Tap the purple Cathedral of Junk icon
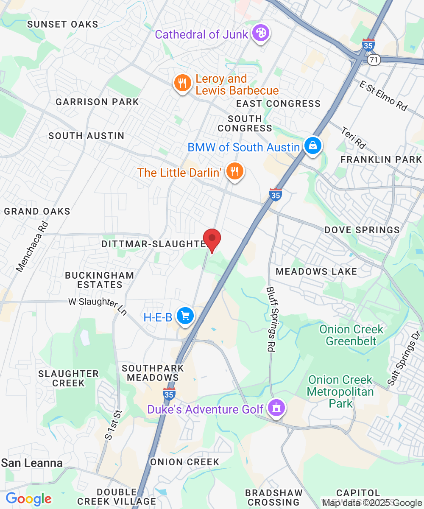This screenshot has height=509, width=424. pyautogui.click(x=260, y=34)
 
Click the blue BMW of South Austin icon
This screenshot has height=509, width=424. pyautogui.click(x=312, y=146)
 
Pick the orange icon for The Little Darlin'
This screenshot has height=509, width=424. pyautogui.click(x=234, y=172)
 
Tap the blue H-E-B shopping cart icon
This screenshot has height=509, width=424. pyautogui.click(x=185, y=316)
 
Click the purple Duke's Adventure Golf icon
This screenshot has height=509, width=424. pyautogui.click(x=276, y=409)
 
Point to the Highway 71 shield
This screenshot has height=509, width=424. pyautogui.click(x=373, y=60)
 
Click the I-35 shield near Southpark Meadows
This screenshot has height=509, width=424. pyautogui.click(x=169, y=393)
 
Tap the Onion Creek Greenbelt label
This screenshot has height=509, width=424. pyautogui.click(x=351, y=335)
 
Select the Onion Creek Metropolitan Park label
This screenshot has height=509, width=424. pyautogui.click(x=340, y=391)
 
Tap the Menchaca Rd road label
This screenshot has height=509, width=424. pyautogui.click(x=32, y=246)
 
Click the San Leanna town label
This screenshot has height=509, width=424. pyautogui.click(x=32, y=463)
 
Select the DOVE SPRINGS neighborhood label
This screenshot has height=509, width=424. pyautogui.click(x=362, y=230)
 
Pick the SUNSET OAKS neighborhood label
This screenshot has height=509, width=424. pyautogui.click(x=62, y=24)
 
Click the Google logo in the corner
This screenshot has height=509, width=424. pyautogui.click(x=28, y=499)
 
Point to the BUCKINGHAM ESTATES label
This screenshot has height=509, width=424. pyautogui.click(x=100, y=280)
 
